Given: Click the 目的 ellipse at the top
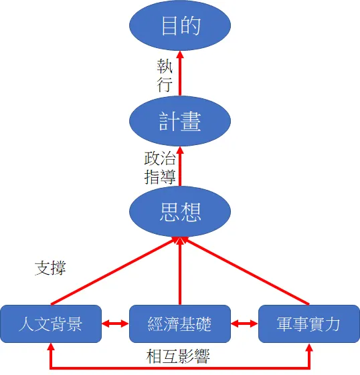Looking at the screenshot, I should (180, 26).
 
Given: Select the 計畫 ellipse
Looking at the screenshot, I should (180, 121).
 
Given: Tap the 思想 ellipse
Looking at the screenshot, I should (180, 213).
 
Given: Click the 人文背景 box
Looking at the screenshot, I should (51, 324).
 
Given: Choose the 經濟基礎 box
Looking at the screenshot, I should (179, 324).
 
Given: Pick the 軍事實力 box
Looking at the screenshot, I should (308, 324).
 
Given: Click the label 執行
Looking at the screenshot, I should (165, 76).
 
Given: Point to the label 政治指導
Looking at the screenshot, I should (161, 168).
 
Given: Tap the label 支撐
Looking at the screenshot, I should (50, 267).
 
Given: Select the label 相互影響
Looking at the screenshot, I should (179, 356).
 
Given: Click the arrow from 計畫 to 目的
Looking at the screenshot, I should (180, 75).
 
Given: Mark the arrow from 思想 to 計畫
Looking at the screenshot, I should (180, 167).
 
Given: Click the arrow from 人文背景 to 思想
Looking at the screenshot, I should (114, 271).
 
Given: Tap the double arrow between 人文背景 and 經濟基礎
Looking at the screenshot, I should (115, 324).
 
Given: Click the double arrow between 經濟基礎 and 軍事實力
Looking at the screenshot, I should (244, 324).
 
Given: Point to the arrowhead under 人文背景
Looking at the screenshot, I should (51, 349).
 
